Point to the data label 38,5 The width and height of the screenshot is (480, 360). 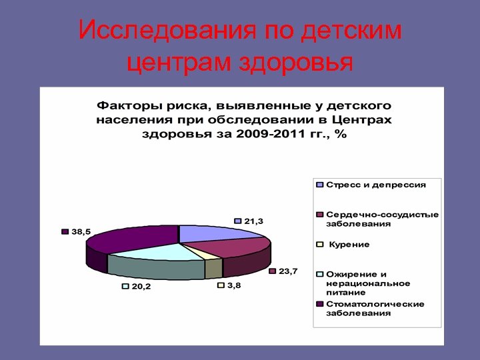click(81, 231)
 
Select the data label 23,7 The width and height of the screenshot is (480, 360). click(288, 271)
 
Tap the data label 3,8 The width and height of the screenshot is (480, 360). click(234, 285)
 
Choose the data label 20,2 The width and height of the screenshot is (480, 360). click(141, 286)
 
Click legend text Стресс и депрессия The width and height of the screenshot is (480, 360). click(376, 184)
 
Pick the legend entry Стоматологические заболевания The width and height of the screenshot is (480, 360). click(375, 309)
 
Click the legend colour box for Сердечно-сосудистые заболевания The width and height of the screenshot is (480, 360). click(320, 215)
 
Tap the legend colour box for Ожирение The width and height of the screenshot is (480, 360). click(320, 274)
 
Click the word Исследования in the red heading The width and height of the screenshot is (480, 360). click(167, 30)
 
